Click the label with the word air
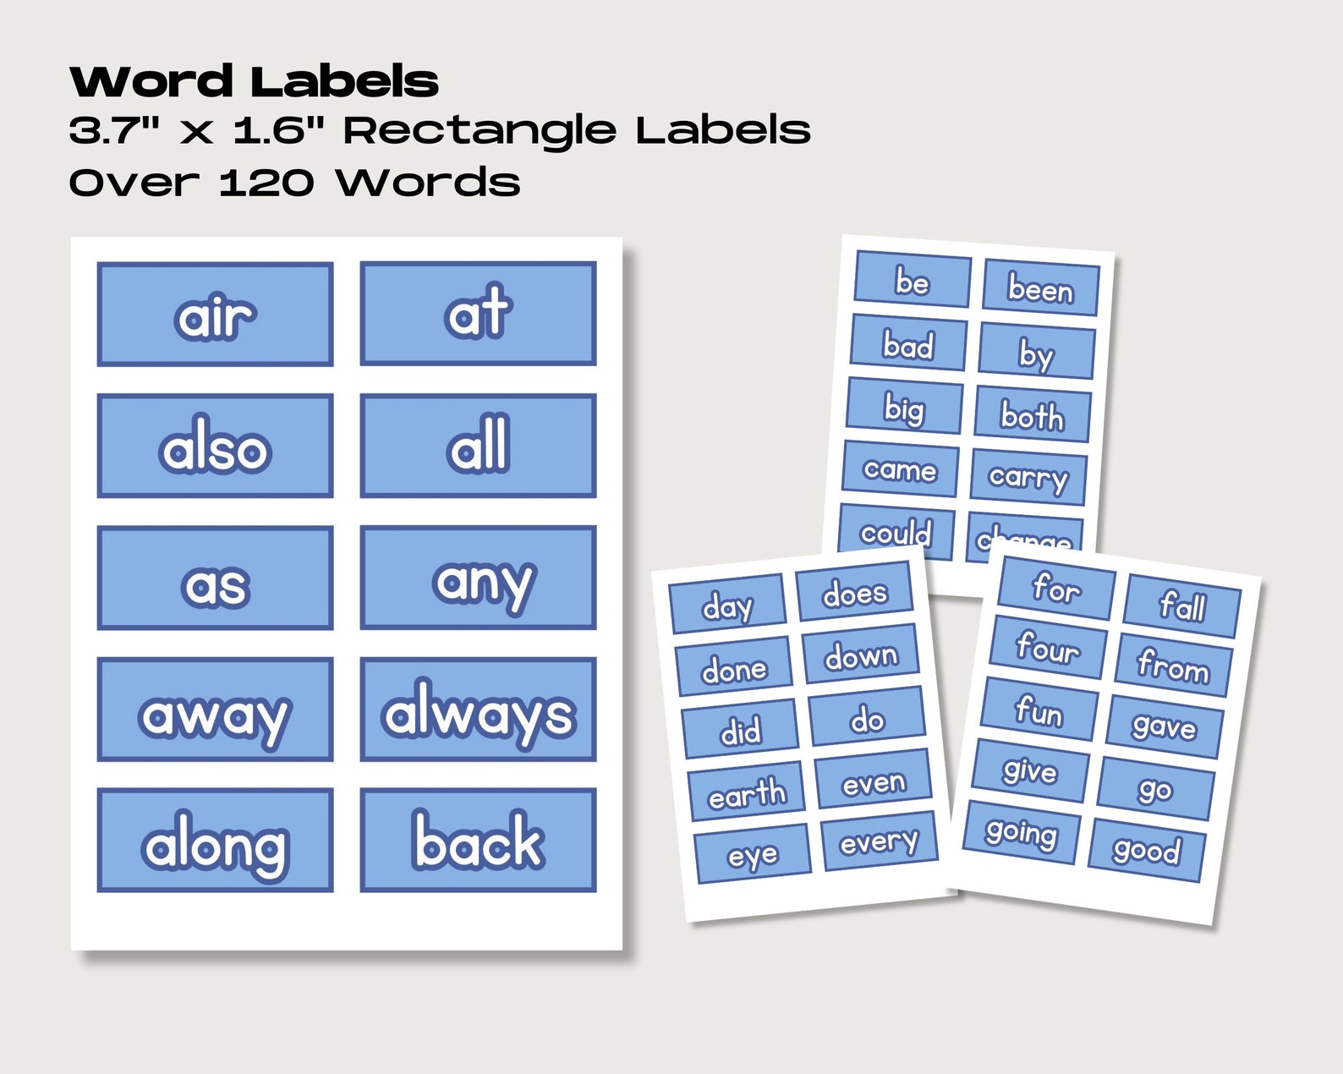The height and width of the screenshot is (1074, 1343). (215, 315)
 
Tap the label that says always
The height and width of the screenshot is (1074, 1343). (478, 710)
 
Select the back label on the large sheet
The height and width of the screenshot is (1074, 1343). (478, 841)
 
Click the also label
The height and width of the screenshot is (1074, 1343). (215, 447)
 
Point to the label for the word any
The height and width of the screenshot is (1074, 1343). (478, 578)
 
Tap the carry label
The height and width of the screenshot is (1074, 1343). (1028, 478)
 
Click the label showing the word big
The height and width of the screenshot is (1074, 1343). (904, 408)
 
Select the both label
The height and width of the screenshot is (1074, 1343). (1033, 415)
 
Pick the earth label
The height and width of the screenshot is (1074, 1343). (746, 794)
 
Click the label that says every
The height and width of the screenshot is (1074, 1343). (878, 841)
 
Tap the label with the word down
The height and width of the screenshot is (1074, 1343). (861, 655)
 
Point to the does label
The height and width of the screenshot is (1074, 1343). (854, 593)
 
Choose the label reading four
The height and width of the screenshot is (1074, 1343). (1048, 648)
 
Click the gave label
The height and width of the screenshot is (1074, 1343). (1165, 726)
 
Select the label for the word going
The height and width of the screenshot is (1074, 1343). (1021, 834)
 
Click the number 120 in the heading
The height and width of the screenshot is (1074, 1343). (266, 183)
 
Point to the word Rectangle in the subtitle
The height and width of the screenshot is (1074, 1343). (480, 131)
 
